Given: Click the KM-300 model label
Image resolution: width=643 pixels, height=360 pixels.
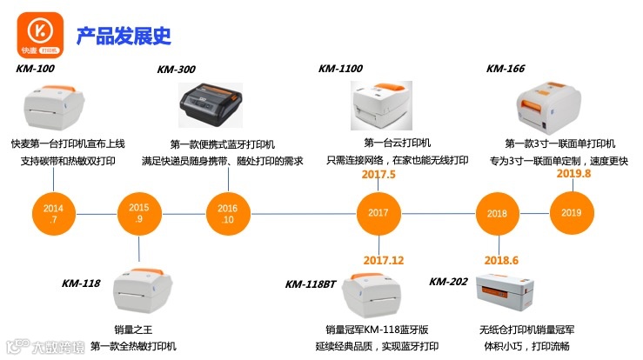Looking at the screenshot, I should [x=176, y=70].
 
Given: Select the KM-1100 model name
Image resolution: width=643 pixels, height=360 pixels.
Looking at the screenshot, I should [x=340, y=68].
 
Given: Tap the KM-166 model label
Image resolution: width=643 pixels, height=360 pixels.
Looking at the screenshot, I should [x=506, y=68].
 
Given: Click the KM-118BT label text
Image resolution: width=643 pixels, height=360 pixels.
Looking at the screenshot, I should [x=311, y=283].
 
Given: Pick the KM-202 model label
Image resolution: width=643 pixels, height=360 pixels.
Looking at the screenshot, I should [x=449, y=281].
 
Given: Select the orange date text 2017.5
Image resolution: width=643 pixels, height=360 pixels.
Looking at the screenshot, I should [x=378, y=175].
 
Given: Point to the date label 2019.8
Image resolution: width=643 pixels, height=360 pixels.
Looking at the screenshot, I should [x=573, y=173].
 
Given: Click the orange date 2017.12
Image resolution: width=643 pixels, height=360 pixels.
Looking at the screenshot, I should [x=383, y=260].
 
